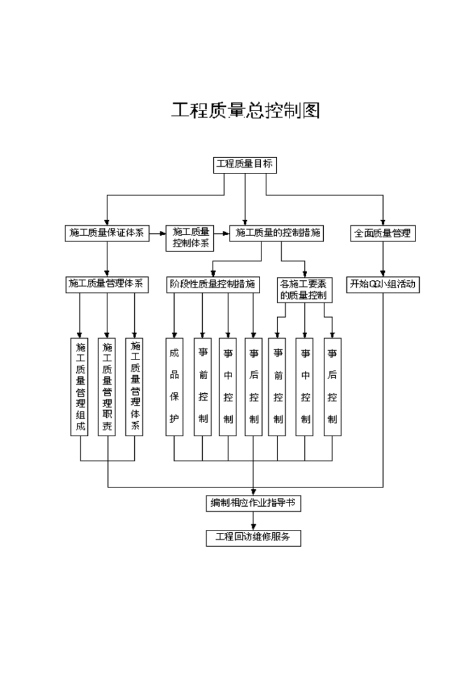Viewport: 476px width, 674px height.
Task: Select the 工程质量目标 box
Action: click(x=244, y=165)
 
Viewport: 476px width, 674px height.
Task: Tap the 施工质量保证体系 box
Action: click(x=107, y=233)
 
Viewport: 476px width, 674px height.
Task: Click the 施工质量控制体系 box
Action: click(x=190, y=238)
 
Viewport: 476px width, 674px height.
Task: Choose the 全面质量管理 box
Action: click(x=382, y=233)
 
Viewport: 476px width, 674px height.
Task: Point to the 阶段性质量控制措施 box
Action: click(x=213, y=284)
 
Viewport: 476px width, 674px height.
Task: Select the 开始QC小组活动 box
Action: click(x=383, y=284)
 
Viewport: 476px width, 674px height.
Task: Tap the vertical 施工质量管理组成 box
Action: click(x=80, y=387)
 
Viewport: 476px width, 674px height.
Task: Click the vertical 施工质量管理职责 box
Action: click(x=107, y=387)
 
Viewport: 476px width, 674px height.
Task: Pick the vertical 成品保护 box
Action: click(x=175, y=387)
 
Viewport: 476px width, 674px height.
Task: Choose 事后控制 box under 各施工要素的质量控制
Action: click(x=332, y=387)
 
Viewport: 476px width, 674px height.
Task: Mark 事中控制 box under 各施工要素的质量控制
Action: click(x=304, y=387)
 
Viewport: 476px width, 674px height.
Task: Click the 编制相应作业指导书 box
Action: click(x=253, y=503)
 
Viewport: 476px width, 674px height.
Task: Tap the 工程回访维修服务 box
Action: click(x=253, y=537)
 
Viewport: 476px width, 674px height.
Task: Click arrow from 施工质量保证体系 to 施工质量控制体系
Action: click(x=158, y=234)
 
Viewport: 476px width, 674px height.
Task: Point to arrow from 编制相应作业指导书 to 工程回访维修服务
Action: click(x=253, y=520)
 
